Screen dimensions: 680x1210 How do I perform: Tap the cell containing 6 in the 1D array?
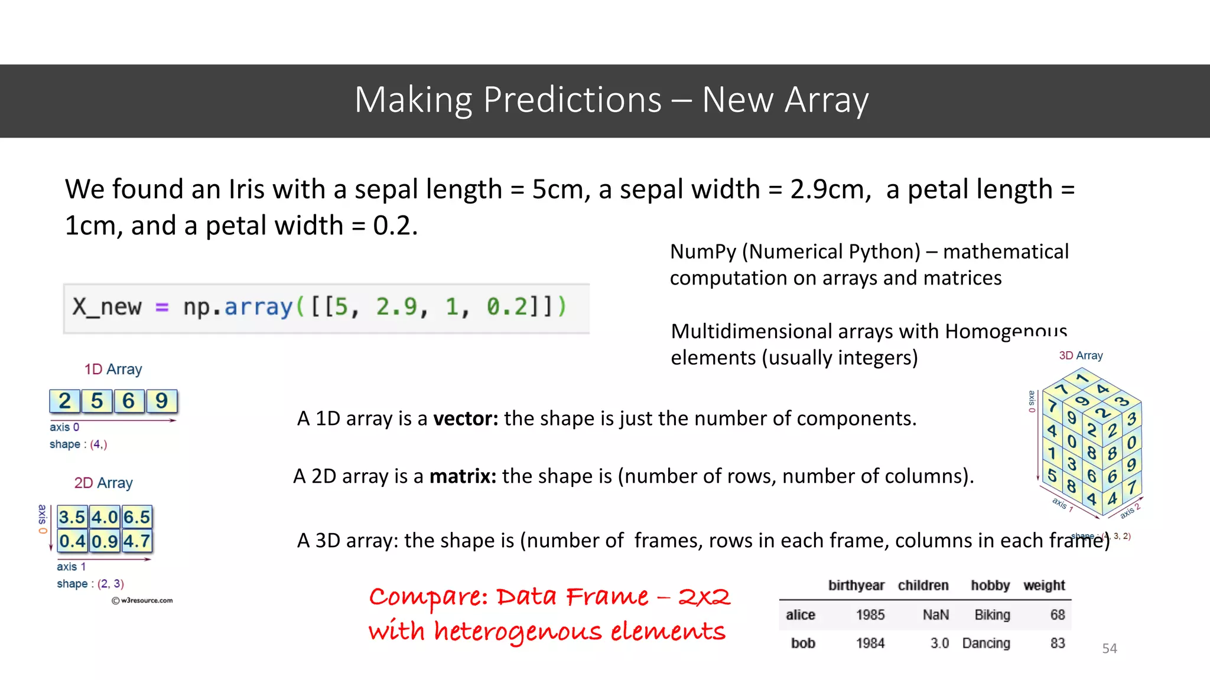point(129,401)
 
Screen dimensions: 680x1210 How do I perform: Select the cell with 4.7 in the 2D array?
point(136,541)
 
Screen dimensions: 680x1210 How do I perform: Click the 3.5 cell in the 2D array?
point(72,517)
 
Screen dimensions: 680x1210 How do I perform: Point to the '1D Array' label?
point(113,370)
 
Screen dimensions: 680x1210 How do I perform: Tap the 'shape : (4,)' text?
point(78,444)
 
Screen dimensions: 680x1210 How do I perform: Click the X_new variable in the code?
point(107,307)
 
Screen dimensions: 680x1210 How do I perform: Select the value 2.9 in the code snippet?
point(396,307)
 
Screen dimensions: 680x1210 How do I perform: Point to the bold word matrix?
point(462,476)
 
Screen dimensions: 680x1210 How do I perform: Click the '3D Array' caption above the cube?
point(1080,355)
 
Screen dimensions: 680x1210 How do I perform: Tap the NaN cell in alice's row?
point(935,615)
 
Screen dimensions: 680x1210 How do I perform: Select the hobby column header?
point(990,586)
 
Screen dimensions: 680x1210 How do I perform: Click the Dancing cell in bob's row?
point(985,643)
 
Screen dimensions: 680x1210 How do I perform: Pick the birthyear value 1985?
point(870,615)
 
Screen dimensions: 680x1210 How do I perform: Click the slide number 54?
point(1109,648)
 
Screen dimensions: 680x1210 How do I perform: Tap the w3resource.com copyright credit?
point(142,600)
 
